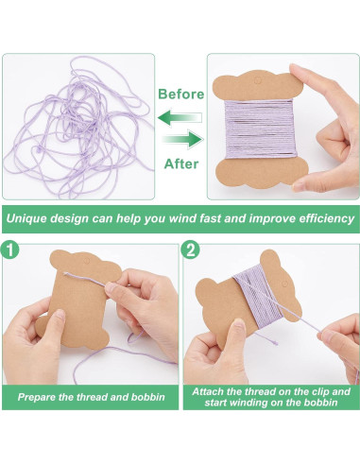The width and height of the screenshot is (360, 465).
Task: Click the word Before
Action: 181,95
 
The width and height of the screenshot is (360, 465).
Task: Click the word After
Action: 181,162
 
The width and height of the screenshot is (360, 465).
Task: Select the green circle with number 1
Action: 10,252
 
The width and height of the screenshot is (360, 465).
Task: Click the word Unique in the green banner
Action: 28,217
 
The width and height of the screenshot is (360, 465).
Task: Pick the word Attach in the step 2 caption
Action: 210,391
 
